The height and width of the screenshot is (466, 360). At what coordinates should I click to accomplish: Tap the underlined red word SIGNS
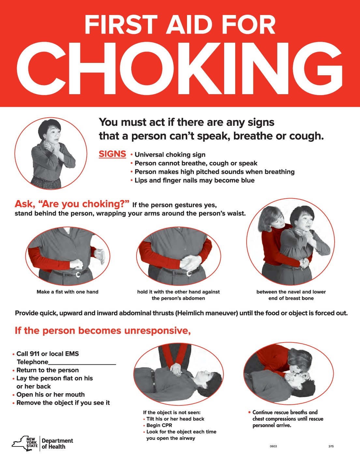(112, 154)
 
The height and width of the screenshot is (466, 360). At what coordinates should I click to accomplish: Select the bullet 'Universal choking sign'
(170, 155)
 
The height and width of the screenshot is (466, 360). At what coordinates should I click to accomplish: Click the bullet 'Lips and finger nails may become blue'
(194, 180)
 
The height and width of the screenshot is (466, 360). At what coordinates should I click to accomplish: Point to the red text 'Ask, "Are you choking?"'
(72, 204)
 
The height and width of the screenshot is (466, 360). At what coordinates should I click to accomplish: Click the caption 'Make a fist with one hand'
(67, 292)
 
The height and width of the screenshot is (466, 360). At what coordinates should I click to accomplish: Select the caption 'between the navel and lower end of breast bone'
(291, 295)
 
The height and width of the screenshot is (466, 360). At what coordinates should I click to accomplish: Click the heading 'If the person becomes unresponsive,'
(103, 330)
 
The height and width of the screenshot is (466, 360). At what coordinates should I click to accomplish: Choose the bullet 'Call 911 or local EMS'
(47, 354)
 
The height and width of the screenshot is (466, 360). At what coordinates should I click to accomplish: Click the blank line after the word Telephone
(82, 362)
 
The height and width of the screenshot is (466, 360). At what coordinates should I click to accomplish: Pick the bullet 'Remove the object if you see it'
(63, 403)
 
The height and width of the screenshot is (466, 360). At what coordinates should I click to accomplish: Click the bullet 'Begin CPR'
(159, 425)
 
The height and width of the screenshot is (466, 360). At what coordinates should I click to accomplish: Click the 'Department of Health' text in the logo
(57, 444)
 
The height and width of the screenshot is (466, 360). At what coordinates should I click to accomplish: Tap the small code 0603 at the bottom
(273, 446)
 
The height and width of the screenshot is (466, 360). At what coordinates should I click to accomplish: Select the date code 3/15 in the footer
(331, 446)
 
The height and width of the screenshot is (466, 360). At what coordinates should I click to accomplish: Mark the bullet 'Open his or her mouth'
(50, 395)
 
